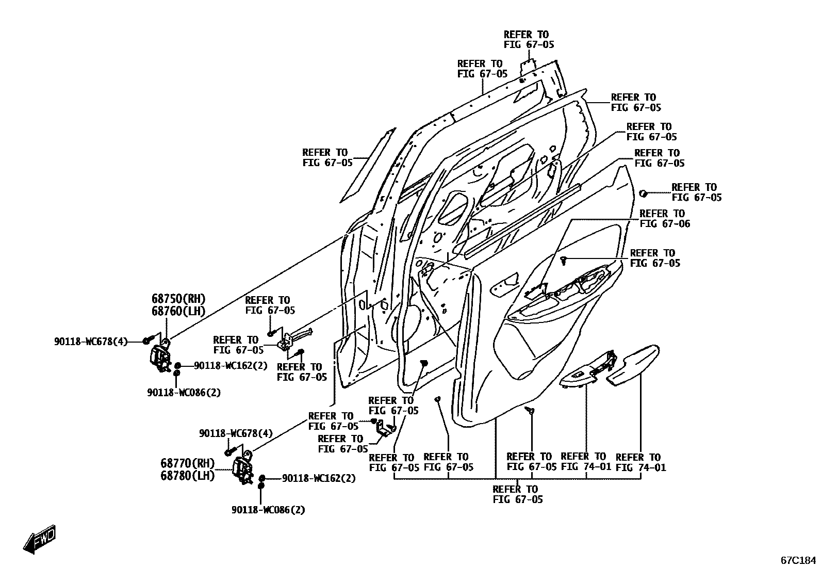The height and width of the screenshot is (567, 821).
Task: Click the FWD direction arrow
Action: pyautogui.click(x=39, y=540)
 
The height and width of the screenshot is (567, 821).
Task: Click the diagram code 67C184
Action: pyautogui.click(x=798, y=560)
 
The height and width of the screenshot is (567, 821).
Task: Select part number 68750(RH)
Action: pyautogui.click(x=178, y=299)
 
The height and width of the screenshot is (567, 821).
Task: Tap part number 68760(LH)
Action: pyautogui.click(x=178, y=311)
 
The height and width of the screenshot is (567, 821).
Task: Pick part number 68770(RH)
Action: pyautogui.click(x=187, y=463)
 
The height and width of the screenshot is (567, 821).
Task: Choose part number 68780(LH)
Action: pyautogui.click(x=187, y=475)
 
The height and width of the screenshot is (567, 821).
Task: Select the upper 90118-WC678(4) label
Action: pyautogui.click(x=91, y=341)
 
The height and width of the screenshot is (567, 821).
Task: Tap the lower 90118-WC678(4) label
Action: pyautogui.click(x=236, y=434)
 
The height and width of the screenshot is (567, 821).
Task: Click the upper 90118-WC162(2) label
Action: pyautogui.click(x=231, y=365)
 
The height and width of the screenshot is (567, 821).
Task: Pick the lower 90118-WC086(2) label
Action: pyautogui.click(x=268, y=510)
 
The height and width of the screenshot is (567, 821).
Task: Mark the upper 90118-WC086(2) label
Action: pyautogui.click(x=184, y=392)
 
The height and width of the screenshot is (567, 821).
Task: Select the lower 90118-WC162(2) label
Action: pyautogui.click(x=319, y=478)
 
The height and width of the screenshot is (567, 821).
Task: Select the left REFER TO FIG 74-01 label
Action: pyautogui.click(x=585, y=462)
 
